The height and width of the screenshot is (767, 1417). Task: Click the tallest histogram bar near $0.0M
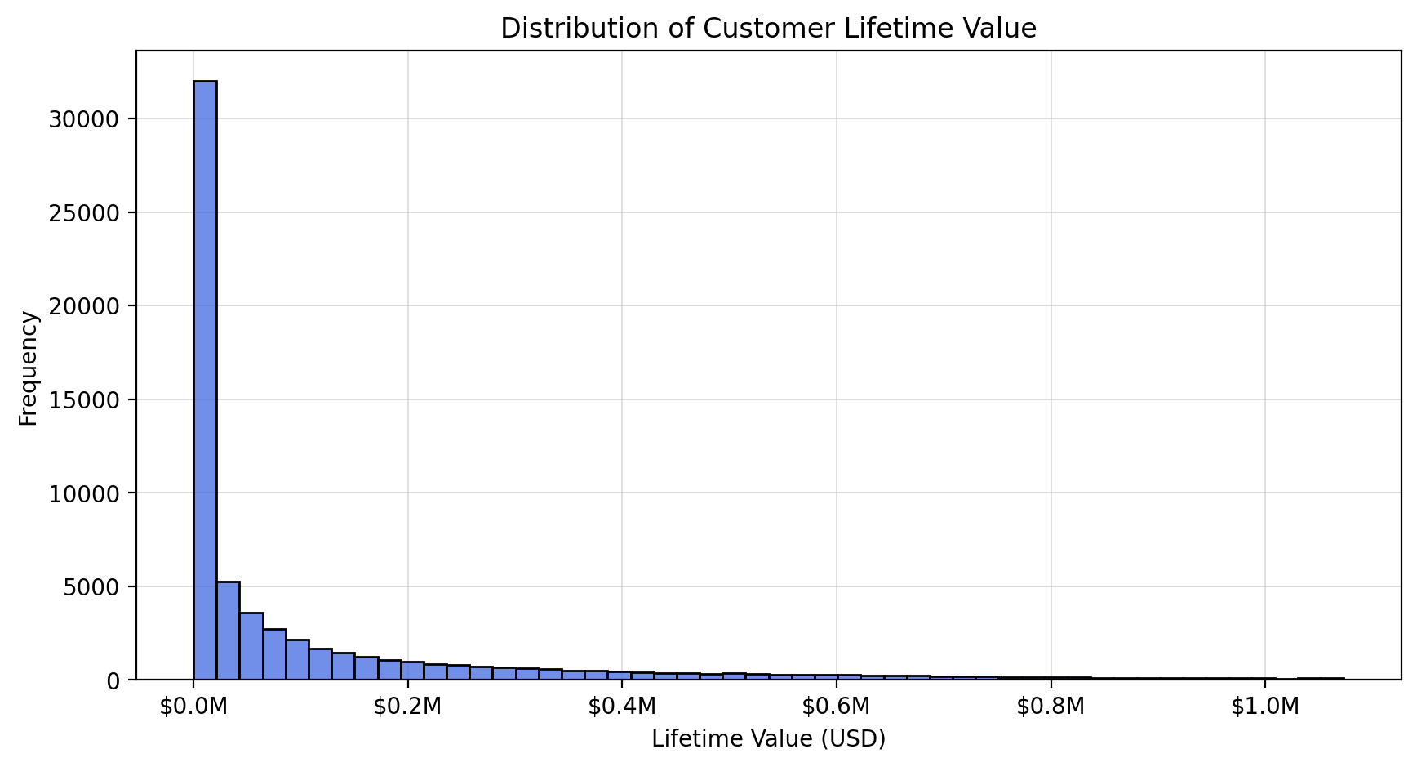click(x=205, y=380)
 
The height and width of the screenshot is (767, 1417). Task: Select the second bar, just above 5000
click(x=228, y=631)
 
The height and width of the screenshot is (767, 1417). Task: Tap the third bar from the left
click(x=251, y=646)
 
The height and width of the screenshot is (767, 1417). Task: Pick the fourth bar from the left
click(x=274, y=654)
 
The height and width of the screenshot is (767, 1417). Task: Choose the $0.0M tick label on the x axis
click(x=193, y=707)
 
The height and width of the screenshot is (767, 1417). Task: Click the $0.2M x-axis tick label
click(x=407, y=707)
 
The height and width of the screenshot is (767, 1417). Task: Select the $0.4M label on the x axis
click(x=622, y=707)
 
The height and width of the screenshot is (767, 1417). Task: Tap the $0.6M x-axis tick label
click(x=837, y=707)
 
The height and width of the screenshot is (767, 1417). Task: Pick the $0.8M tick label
click(x=1051, y=707)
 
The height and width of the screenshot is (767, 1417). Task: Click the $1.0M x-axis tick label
click(x=1265, y=707)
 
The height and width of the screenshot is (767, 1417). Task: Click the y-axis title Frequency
click(x=29, y=368)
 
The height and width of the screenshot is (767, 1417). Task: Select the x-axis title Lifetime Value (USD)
click(x=768, y=739)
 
